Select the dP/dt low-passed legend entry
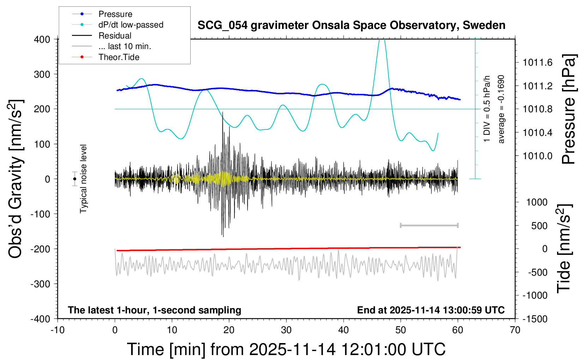(131, 25)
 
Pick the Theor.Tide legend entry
(119, 57)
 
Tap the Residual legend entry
(115, 36)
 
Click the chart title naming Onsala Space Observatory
(351, 25)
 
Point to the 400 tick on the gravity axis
(42, 40)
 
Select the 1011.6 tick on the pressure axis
(537, 63)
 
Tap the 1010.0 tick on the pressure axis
(537, 156)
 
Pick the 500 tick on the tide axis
(539, 226)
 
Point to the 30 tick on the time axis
(286, 330)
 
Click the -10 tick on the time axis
(58, 330)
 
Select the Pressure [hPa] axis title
(569, 109)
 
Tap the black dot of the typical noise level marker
(75, 179)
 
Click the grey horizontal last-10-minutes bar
(429, 226)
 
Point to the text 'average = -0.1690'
(501, 109)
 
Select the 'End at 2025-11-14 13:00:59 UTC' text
(431, 310)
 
